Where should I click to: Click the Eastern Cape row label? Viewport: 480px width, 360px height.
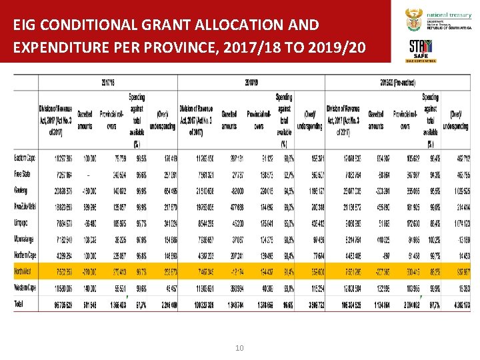pyautogui.click(x=25, y=158)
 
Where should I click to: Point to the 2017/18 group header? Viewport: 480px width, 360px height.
pyautogui.click(x=108, y=83)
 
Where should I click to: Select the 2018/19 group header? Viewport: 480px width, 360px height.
pyautogui.click(x=251, y=83)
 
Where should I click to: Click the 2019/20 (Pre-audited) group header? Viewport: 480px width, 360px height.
pyautogui.click(x=399, y=83)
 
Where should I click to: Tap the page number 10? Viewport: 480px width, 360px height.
pyautogui.click(x=239, y=347)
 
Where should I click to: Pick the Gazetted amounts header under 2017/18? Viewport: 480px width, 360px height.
pyautogui.click(x=85, y=120)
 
